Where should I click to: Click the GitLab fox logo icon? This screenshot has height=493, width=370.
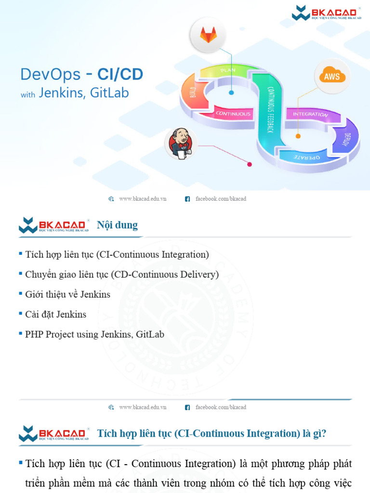point(208,35)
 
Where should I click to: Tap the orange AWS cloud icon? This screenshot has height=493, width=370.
point(332,76)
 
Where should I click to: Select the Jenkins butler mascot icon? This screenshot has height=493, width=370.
point(181,143)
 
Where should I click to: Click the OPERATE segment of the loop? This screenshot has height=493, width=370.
point(306,157)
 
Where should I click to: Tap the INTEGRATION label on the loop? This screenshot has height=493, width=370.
point(310,115)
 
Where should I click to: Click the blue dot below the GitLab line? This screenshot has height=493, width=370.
point(231,92)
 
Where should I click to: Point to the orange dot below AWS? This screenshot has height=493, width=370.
point(298,136)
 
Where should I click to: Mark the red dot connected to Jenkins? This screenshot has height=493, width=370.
point(250,164)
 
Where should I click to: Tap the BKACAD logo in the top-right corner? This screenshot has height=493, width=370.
point(326,13)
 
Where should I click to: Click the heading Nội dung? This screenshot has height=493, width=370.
point(117,225)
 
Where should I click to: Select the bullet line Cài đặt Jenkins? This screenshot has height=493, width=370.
point(55,314)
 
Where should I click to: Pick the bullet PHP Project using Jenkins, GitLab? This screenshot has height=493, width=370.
point(94,334)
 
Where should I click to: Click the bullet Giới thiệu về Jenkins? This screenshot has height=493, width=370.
point(67,294)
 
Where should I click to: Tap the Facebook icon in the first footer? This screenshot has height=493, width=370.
point(187,199)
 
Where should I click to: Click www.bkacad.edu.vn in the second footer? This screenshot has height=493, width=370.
point(143,407)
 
